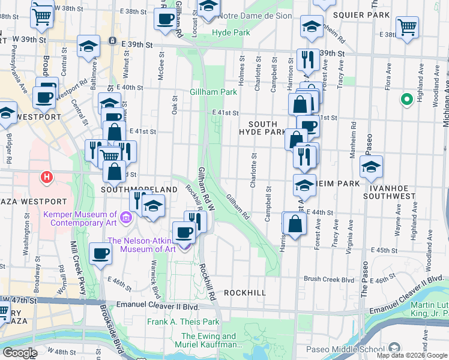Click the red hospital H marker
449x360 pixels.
coord(46,177)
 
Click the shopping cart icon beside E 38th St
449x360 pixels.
coord(407,27)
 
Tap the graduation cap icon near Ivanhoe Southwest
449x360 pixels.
coord(371,168)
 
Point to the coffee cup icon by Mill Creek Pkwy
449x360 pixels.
coord(100,253)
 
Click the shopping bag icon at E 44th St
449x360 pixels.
coord(294,224)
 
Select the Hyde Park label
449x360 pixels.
coord(231,32)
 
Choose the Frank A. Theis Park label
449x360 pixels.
coord(184,322)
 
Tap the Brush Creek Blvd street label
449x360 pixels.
coord(329,279)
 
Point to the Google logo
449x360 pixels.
coord(19,353)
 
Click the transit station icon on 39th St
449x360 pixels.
coord(112,40)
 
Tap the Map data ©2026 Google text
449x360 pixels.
coord(412,355)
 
